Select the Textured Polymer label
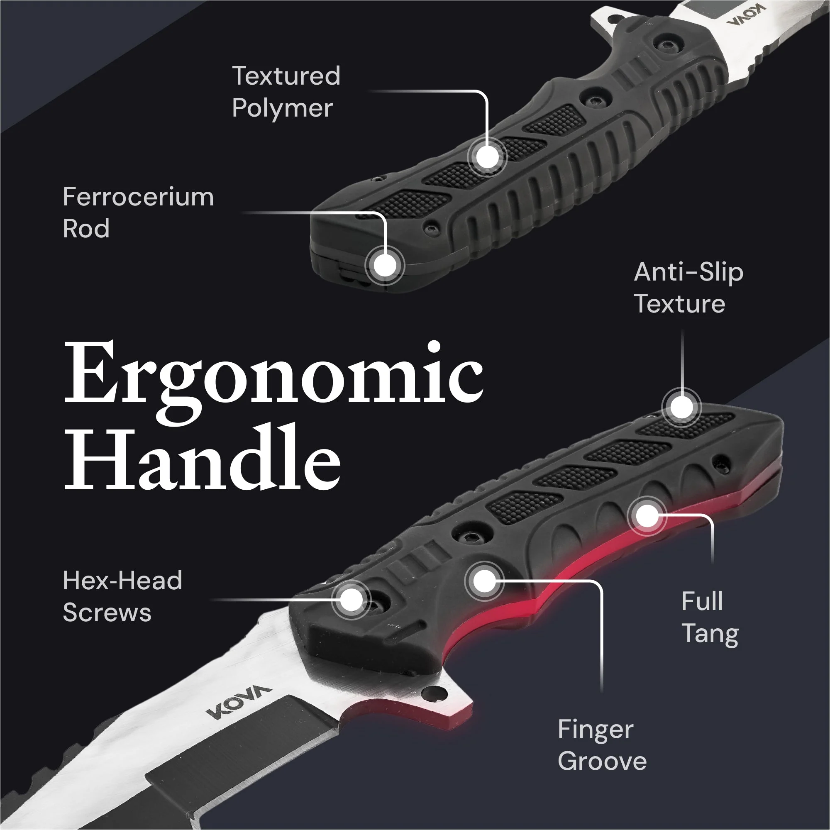tap(286, 92)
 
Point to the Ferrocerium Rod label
tap(138, 212)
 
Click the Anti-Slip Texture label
tap(688, 288)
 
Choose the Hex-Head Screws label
tap(122, 596)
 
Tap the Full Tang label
tap(710, 618)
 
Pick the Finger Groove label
tap(602, 746)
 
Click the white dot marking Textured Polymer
tap(487, 157)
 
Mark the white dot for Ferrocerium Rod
tap(385, 265)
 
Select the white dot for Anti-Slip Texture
tap(681, 406)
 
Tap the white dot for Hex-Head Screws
tap(352, 599)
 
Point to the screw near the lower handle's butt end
tap(721, 464)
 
